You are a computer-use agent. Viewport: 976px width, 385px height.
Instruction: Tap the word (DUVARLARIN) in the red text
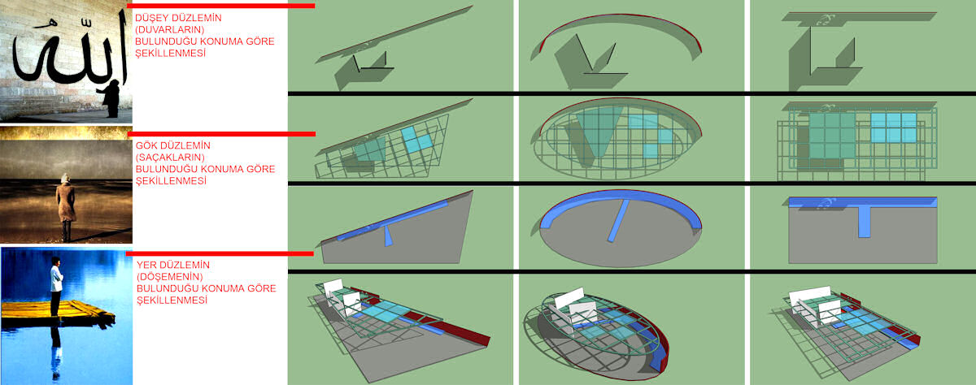[x=169, y=29]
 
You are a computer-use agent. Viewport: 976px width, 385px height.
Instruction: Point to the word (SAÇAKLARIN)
[x=170, y=157]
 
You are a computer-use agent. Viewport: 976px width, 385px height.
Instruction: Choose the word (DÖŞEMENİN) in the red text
[x=169, y=277]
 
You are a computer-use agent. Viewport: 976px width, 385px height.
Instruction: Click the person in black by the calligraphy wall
[x=111, y=99]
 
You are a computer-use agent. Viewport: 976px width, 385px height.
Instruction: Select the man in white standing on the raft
[x=56, y=286]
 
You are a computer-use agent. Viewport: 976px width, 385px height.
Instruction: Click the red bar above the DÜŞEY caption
[x=221, y=6]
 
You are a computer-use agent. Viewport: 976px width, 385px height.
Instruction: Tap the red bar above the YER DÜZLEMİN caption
[x=220, y=253]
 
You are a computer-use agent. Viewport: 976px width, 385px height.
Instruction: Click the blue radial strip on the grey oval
[x=619, y=221]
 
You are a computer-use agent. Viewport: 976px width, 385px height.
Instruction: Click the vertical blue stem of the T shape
[x=865, y=222]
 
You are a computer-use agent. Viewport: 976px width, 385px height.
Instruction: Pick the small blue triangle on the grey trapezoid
[x=388, y=236]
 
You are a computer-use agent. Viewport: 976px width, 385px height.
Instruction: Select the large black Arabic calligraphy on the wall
[x=70, y=52]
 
